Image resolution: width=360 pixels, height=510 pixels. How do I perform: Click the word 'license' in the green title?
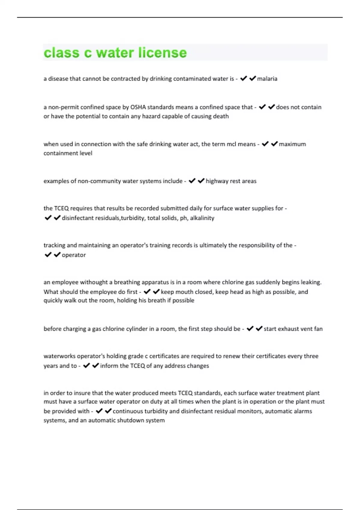coord(163,52)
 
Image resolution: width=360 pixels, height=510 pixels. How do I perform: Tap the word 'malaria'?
coord(267,79)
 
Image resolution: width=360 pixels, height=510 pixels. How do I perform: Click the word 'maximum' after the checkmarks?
coord(292,144)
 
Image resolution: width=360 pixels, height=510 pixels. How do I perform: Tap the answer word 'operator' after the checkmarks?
coord(74,255)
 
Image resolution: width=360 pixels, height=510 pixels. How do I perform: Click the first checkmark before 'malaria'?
coord(243,78)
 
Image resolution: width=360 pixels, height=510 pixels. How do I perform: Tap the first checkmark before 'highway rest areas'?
coord(192,181)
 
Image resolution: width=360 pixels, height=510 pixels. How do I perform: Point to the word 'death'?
coord(220,116)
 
